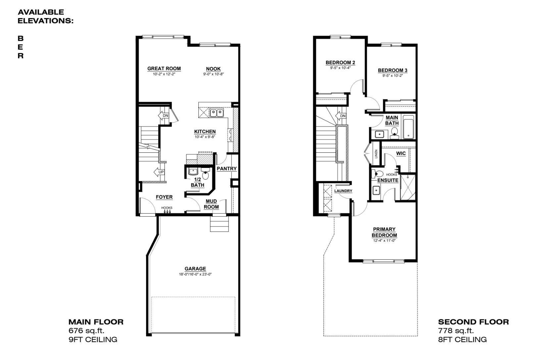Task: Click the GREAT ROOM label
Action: (164, 69)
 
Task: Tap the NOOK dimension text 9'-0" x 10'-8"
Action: (214, 74)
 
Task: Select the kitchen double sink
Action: (217, 113)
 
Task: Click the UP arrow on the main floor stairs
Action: (159, 172)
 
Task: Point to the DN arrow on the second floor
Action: (341, 116)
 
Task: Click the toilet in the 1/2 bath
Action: (205, 173)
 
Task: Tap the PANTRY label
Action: (226, 169)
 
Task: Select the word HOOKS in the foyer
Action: (167, 208)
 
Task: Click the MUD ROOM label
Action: (211, 204)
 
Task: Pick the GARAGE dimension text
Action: (195, 274)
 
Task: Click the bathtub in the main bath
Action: (409, 127)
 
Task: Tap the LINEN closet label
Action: (376, 154)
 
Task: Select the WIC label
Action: (401, 154)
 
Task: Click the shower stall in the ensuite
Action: (408, 187)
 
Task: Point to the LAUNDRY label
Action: (343, 191)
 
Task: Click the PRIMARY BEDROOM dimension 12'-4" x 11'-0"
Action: (384, 240)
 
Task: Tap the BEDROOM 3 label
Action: (392, 70)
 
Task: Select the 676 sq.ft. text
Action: (86, 331)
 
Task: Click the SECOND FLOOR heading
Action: (474, 322)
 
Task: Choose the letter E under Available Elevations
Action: (21, 47)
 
